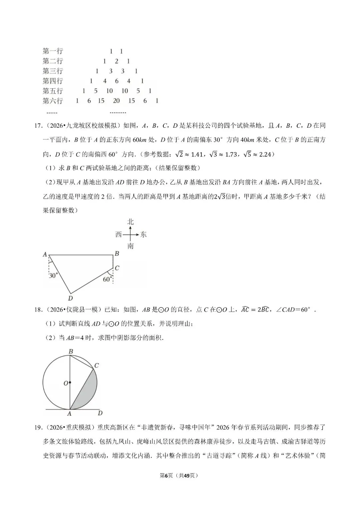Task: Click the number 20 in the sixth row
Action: pyautogui.click(x=116, y=101)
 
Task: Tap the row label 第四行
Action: pyautogui.click(x=53, y=81)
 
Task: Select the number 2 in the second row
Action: pyautogui.click(x=116, y=61)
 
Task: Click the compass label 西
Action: pyautogui.click(x=119, y=234)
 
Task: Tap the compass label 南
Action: pyautogui.click(x=130, y=246)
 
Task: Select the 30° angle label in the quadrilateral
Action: pyautogui.click(x=53, y=276)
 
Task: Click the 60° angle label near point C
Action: pyautogui.click(x=107, y=279)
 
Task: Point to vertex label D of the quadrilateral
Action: pyautogui.click(x=70, y=298)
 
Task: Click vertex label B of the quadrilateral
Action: pyautogui.click(x=117, y=254)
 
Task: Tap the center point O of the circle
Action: pyautogui.click(x=70, y=383)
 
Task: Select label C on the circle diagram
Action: pyautogui.click(x=97, y=365)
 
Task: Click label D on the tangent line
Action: pyautogui.click(x=100, y=413)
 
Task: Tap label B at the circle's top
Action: pyautogui.click(x=71, y=351)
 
